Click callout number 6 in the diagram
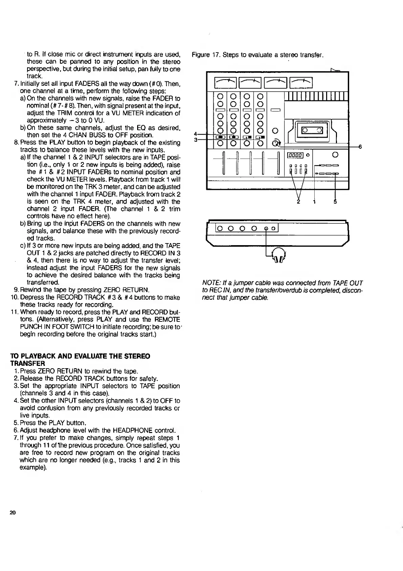coord(360,147)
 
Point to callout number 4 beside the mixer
coord(195,134)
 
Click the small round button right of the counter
coord(307,155)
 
